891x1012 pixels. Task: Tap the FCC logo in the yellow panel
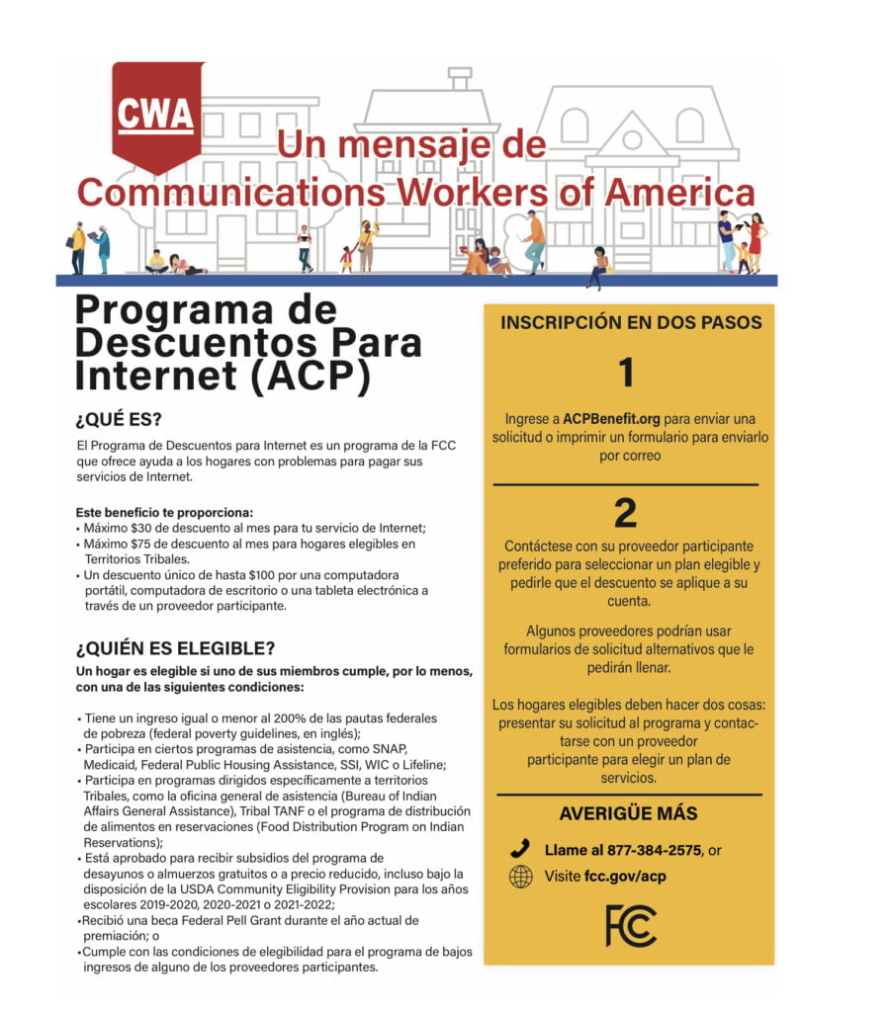(630, 924)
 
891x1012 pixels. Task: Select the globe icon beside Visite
(520, 877)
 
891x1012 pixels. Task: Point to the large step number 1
(625, 374)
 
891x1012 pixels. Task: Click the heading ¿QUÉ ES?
(119, 418)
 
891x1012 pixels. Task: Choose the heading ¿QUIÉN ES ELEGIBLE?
(175, 649)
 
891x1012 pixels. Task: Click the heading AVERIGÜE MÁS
(628, 814)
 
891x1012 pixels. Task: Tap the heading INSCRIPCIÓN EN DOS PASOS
(631, 323)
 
